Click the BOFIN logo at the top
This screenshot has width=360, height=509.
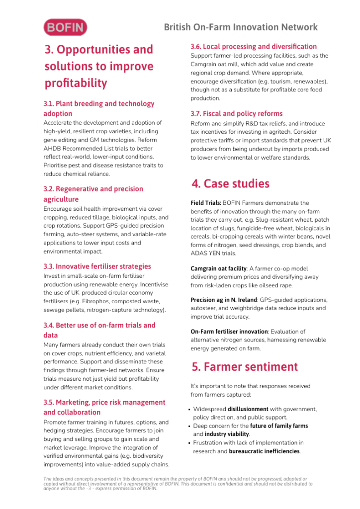click(x=65, y=27)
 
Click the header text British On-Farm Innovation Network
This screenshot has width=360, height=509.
click(x=241, y=27)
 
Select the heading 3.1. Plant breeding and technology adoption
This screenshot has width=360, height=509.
click(x=99, y=108)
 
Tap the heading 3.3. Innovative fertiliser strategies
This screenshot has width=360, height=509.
click(x=97, y=266)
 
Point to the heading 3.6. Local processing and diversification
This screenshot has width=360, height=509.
click(x=254, y=46)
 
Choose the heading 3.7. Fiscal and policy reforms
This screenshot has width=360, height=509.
click(x=236, y=114)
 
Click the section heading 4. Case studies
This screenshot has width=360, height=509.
click(x=230, y=184)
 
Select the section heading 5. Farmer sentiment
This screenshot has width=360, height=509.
click(x=245, y=367)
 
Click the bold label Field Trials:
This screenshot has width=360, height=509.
click(x=205, y=203)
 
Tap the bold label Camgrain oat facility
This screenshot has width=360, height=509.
click(x=218, y=268)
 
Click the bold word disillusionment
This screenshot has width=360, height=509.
click(x=248, y=410)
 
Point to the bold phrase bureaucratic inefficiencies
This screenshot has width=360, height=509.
click(x=264, y=451)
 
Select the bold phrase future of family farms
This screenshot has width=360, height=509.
click(x=279, y=426)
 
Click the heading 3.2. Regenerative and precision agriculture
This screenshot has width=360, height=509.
click(x=93, y=194)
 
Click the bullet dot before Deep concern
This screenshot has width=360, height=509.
click(x=189, y=426)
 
